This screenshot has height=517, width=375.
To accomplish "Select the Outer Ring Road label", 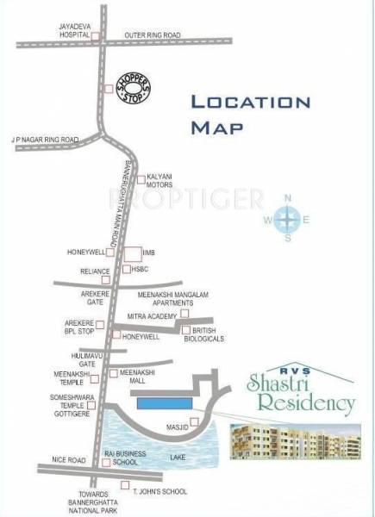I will (x=152, y=35).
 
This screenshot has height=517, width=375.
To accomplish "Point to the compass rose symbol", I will (x=287, y=220).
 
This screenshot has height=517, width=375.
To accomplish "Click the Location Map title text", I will (x=250, y=114).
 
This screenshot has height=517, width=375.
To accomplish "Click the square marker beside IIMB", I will (x=132, y=253).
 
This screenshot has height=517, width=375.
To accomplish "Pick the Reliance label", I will (x=94, y=271).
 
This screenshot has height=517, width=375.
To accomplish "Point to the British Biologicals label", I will (x=208, y=334).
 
